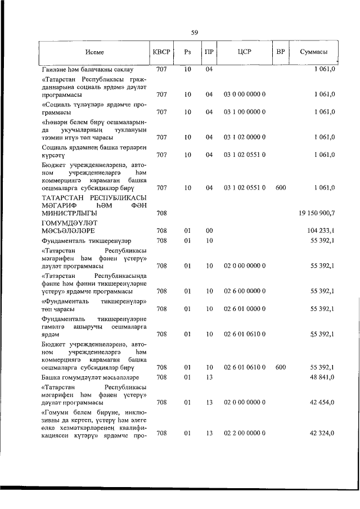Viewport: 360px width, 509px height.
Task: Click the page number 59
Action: point(194,32)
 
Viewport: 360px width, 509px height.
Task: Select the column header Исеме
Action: point(94,52)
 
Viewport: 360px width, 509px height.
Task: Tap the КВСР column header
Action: point(161,52)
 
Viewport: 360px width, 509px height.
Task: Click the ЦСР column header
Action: point(244,52)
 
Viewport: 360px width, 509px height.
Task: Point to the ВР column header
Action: point(281,52)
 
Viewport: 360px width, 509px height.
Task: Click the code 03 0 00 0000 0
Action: point(245,94)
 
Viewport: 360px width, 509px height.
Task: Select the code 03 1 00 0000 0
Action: point(245,112)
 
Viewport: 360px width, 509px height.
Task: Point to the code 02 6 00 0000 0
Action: point(245,291)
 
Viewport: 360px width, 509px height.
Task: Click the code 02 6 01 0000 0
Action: point(245,309)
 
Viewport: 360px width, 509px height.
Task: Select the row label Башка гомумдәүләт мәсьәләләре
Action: point(90,377)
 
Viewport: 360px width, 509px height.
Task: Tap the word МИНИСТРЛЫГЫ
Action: point(69,214)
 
